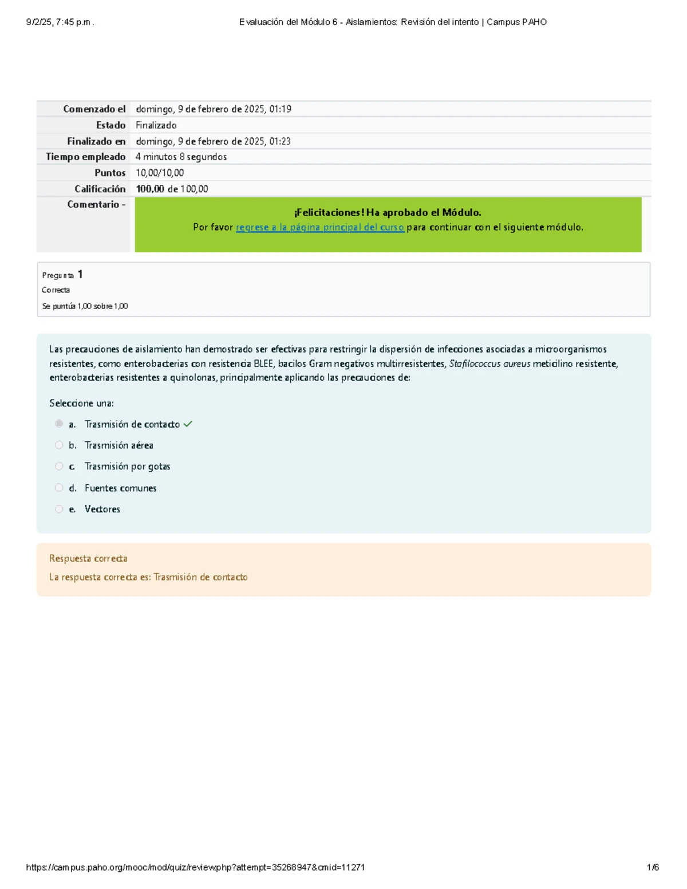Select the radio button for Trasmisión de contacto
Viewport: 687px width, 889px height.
pyautogui.click(x=59, y=424)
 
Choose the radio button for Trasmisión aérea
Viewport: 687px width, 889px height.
pyautogui.click(x=59, y=445)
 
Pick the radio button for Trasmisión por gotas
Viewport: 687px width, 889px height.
pyautogui.click(x=59, y=467)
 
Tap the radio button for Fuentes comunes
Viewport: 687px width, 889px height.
pyautogui.click(x=59, y=488)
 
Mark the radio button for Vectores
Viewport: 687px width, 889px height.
pyautogui.click(x=59, y=509)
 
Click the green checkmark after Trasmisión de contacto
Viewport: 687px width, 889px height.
pyautogui.click(x=188, y=424)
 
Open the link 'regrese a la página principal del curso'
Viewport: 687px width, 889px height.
pyautogui.click(x=319, y=227)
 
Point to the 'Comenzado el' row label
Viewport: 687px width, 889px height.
pyautogui.click(x=94, y=109)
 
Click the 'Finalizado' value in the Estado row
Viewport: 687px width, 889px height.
pyautogui.click(x=156, y=125)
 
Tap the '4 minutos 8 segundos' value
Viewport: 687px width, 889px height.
pyautogui.click(x=181, y=157)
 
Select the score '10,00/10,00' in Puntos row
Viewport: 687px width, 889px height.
pyautogui.click(x=160, y=173)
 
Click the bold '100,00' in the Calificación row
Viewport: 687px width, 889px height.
pyautogui.click(x=150, y=189)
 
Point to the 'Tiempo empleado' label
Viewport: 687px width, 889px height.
pyautogui.click(x=85, y=157)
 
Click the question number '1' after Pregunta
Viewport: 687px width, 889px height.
pyautogui.click(x=80, y=274)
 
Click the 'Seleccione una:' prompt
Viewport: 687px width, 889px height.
pyautogui.click(x=81, y=403)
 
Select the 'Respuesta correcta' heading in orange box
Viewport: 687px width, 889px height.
pyautogui.click(x=88, y=558)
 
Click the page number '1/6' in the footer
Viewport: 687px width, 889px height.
pyautogui.click(x=653, y=867)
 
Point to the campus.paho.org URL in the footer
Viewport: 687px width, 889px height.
pyautogui.click(x=195, y=867)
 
